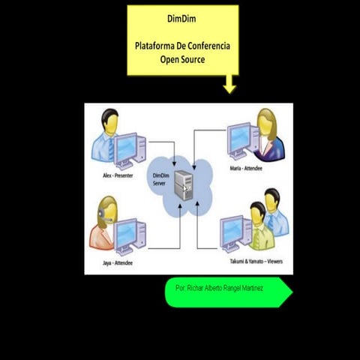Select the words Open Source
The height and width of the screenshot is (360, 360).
182,59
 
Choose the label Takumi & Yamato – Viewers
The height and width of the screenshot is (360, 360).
252,260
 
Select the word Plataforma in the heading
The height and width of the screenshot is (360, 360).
155,46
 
